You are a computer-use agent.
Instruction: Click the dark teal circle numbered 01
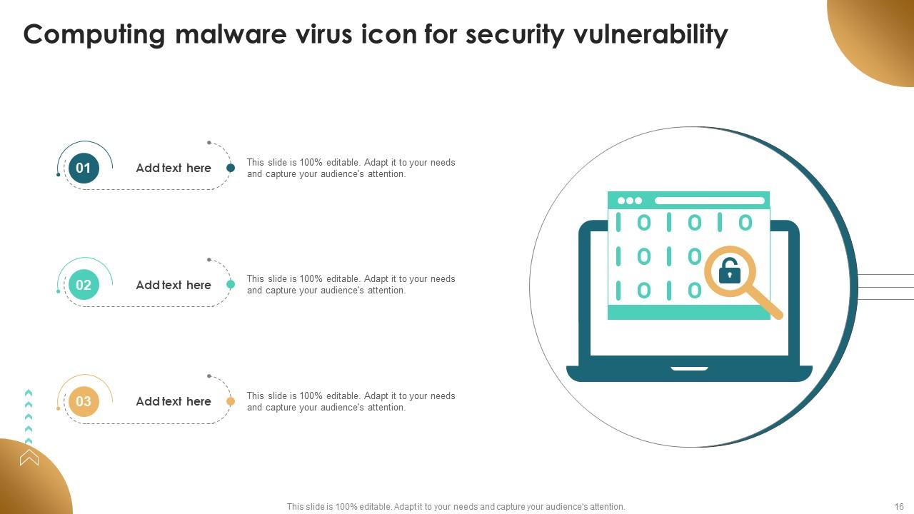pos(84,168)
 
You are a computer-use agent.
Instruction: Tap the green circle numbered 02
pos(84,285)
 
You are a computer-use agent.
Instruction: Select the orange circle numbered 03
pos(84,402)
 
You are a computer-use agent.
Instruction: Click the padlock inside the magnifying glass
pos(729,272)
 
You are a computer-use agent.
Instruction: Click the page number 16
pos(899,506)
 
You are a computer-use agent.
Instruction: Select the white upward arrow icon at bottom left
pos(29,457)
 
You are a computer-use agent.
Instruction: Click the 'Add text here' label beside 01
pos(174,168)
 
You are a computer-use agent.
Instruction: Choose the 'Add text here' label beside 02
pos(174,285)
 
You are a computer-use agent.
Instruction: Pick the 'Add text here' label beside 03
pos(174,402)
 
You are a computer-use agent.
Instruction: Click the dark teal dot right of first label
pos(231,168)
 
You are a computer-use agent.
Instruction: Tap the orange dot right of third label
pos(231,402)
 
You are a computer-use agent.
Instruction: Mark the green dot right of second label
pos(231,284)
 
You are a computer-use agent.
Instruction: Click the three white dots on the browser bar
pos(630,201)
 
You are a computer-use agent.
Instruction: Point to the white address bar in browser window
pos(709,201)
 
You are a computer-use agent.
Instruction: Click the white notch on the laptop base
pos(689,368)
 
